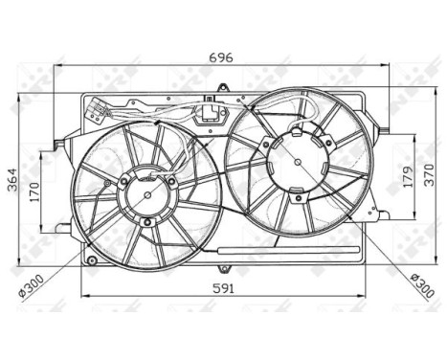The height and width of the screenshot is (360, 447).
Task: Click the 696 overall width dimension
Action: point(222,56)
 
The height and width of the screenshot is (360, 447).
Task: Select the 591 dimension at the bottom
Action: point(222,287)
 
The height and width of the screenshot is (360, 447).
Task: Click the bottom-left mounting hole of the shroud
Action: point(89,258)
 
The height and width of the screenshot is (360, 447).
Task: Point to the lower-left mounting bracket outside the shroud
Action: point(62,228)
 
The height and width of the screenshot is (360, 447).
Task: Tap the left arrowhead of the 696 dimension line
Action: point(57,66)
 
